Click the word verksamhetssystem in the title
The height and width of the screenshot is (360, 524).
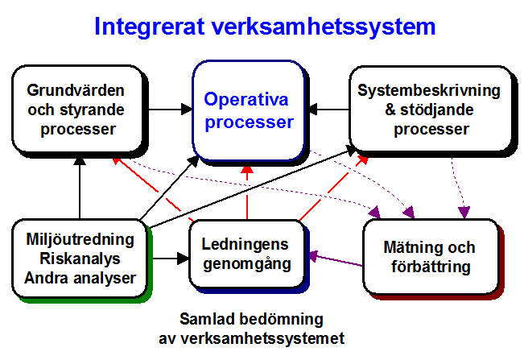[324, 27]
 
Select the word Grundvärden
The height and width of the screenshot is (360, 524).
[76, 90]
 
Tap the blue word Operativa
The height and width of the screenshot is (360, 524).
[246, 99]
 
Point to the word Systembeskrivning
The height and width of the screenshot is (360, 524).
[429, 90]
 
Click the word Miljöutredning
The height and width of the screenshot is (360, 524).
[80, 239]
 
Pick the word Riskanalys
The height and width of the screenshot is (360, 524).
[80, 259]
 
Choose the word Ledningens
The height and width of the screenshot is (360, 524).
[245, 244]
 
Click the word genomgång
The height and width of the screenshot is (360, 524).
[247, 263]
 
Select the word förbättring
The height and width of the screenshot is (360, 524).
[431, 267]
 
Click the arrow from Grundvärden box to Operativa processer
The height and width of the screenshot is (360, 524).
[171, 110]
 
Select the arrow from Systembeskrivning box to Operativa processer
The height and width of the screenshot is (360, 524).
[329, 110]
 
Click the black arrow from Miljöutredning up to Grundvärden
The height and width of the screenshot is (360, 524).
[80, 188]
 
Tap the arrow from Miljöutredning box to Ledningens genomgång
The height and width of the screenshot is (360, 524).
[171, 258]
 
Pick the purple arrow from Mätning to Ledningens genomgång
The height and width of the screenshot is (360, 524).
[336, 260]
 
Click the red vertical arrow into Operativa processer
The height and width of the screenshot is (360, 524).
[247, 192]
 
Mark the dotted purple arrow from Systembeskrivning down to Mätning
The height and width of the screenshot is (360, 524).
[459, 187]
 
